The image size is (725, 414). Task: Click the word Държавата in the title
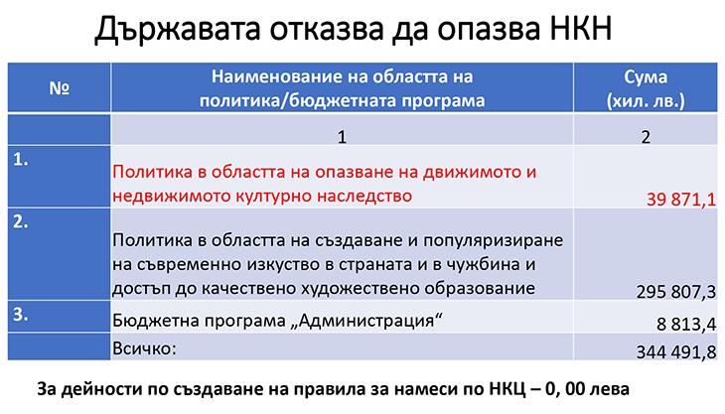(x=177, y=29)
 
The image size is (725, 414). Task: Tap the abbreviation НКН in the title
(x=581, y=28)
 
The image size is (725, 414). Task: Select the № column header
(x=60, y=87)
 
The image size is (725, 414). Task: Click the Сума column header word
(x=646, y=76)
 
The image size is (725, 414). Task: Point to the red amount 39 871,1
(x=681, y=200)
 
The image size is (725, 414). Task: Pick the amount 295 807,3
(x=676, y=292)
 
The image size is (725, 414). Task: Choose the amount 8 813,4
(x=686, y=324)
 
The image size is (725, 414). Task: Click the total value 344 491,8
(x=676, y=352)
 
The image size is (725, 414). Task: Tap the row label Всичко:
(x=145, y=348)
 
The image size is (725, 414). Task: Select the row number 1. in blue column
(x=20, y=160)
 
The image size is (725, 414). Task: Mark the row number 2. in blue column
(x=20, y=222)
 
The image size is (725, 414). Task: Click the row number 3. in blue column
(x=20, y=314)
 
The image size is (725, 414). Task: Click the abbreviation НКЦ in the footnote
(x=507, y=389)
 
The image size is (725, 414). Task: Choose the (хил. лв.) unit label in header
(x=646, y=100)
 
